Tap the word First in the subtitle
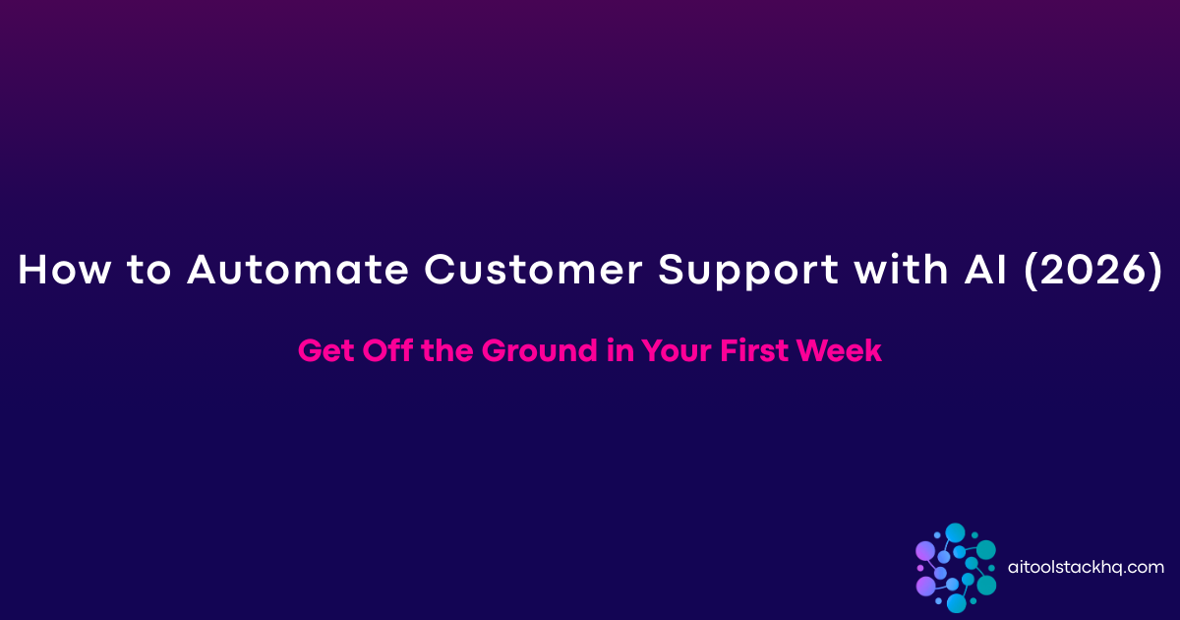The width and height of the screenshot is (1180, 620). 762,351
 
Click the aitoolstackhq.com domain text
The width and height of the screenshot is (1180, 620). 1087,567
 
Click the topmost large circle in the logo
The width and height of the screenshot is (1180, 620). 955,532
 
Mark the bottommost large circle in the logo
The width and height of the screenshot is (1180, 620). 956,603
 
